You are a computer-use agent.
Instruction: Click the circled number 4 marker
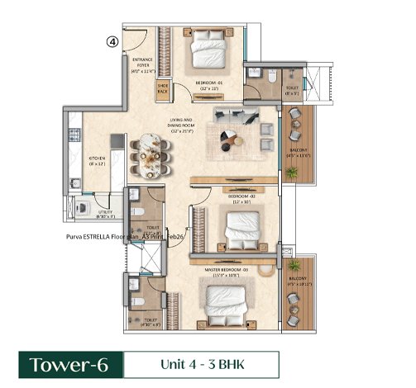(x=112, y=39)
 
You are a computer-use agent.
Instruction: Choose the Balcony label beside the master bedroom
(x=297, y=282)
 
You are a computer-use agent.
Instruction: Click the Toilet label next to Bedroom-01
(x=292, y=91)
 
